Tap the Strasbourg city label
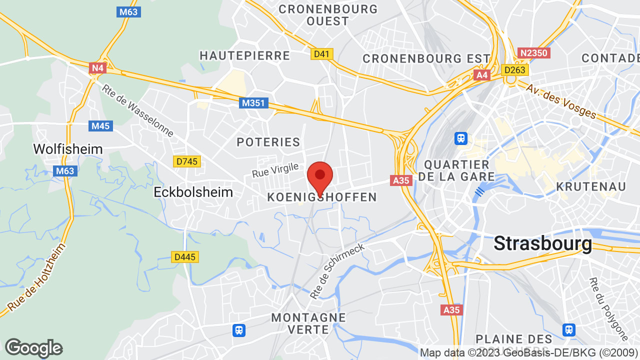(x=542, y=243)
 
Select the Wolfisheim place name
(x=68, y=149)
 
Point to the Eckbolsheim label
(x=193, y=192)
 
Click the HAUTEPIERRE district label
(x=245, y=55)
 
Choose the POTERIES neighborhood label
(x=268, y=142)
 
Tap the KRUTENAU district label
(x=591, y=186)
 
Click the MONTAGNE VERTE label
(x=308, y=323)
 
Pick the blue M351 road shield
(x=253, y=103)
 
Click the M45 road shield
(x=100, y=125)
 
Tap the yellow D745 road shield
(x=187, y=161)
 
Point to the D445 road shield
(x=185, y=257)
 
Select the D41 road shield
(x=322, y=53)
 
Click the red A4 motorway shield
(x=482, y=75)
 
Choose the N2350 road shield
(x=533, y=53)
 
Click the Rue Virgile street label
(x=275, y=170)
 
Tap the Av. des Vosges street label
(x=561, y=101)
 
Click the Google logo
(x=33, y=348)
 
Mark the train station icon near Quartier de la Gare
(x=461, y=137)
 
